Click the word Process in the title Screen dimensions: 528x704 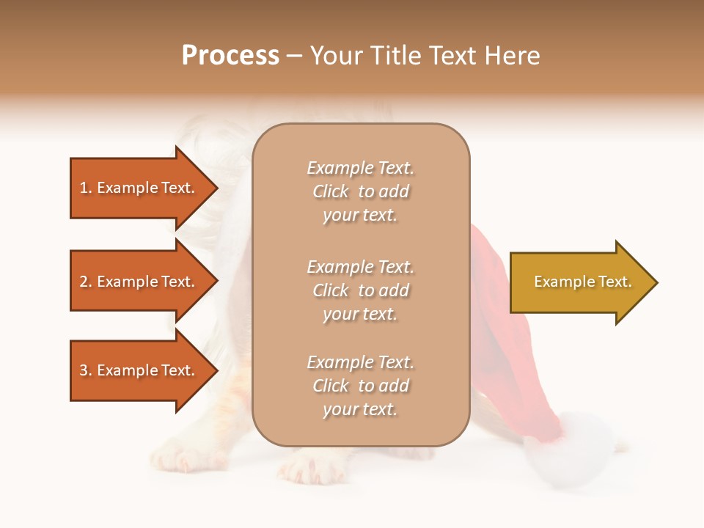pos(230,56)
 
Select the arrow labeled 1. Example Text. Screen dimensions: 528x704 pos(139,188)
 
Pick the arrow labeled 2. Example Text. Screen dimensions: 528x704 pos(139,282)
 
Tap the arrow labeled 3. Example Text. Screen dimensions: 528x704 pos(139,370)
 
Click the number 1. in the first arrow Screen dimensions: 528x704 pos(86,188)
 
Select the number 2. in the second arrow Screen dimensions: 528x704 pos(86,282)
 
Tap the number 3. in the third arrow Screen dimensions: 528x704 pos(86,370)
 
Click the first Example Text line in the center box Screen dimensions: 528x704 pos(360,168)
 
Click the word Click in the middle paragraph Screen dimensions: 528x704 pos(331,290)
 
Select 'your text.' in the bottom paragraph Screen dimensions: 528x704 pos(360,409)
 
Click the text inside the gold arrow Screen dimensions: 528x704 pos(582,282)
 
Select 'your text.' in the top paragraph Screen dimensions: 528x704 pos(360,215)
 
